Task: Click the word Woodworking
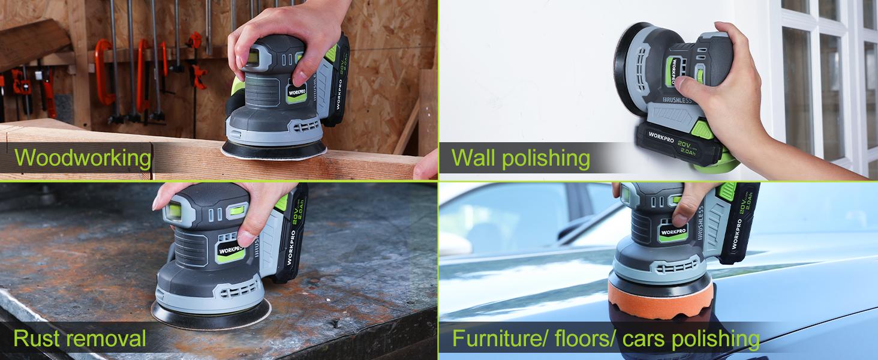pos(83,158)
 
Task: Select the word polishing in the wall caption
pos(546,158)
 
